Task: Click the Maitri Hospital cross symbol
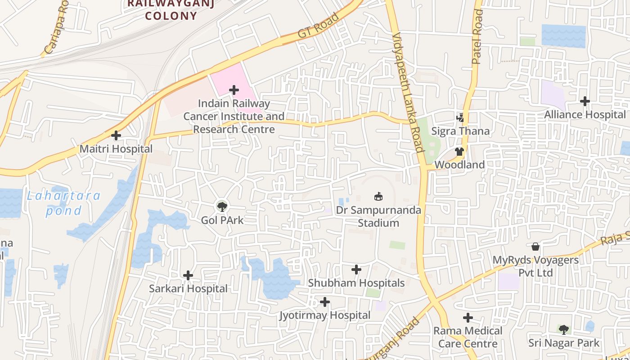(x=116, y=135)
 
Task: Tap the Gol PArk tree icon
(x=221, y=207)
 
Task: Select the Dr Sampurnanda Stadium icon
(x=378, y=196)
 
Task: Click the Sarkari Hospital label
(x=188, y=288)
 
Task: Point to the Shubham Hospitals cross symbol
(x=356, y=270)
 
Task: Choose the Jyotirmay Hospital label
(x=325, y=315)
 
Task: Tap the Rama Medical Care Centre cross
(x=468, y=318)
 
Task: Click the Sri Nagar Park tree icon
(x=563, y=329)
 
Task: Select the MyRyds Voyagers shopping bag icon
(x=535, y=246)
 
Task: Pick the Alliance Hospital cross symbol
(x=585, y=101)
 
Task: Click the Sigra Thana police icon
(x=460, y=118)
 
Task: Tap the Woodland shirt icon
(x=459, y=152)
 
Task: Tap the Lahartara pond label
(x=63, y=203)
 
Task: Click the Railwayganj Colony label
(x=171, y=9)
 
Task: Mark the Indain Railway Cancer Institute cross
(x=234, y=90)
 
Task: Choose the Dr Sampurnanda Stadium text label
(x=378, y=216)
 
